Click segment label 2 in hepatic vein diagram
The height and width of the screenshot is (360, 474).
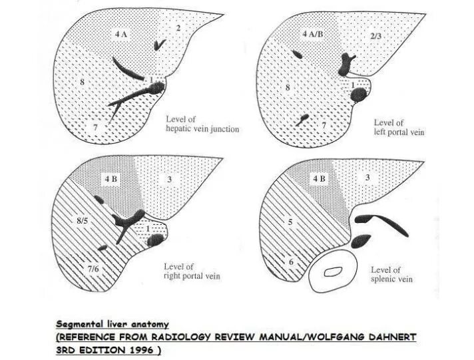pos(178,27)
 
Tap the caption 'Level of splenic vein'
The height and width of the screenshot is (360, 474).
pos(393,274)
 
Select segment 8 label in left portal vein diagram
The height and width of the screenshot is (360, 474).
pos(288,87)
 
